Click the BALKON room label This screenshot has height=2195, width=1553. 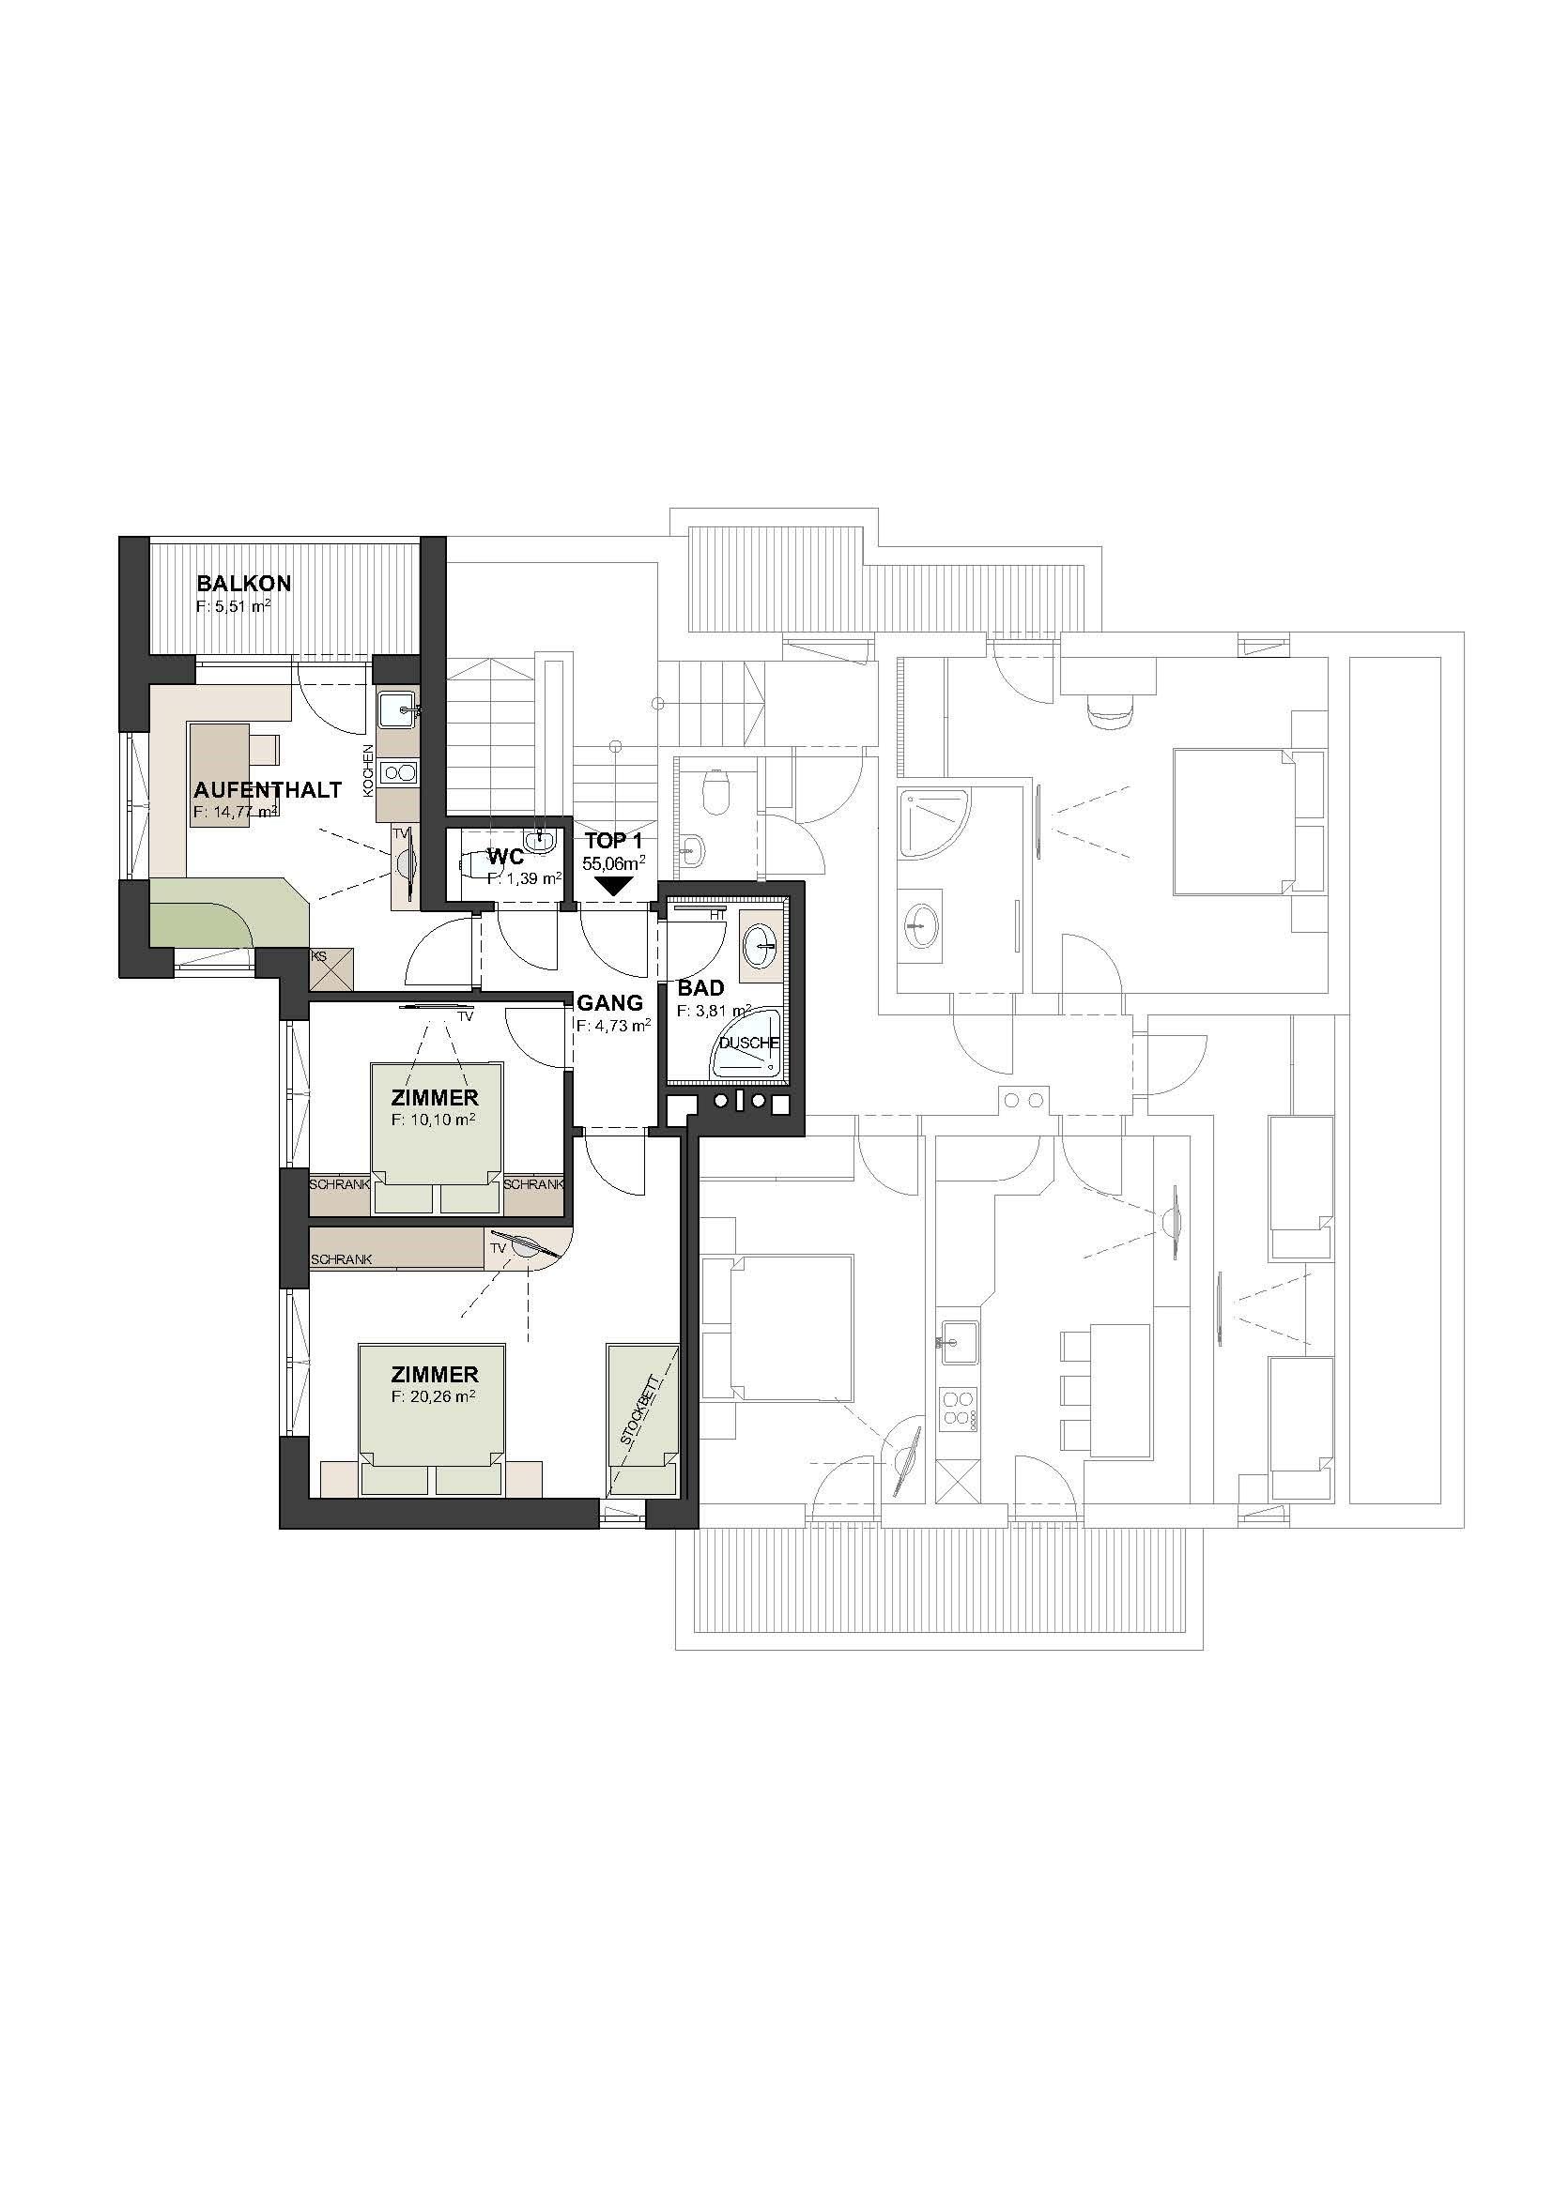244,583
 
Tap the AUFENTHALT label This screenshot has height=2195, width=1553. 268,790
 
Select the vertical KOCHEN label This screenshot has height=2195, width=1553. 367,770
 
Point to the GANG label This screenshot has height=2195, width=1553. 610,1003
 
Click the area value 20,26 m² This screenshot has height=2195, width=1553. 439,1395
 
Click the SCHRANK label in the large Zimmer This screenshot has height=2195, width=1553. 342,1260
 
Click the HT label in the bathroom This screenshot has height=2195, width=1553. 716,915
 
